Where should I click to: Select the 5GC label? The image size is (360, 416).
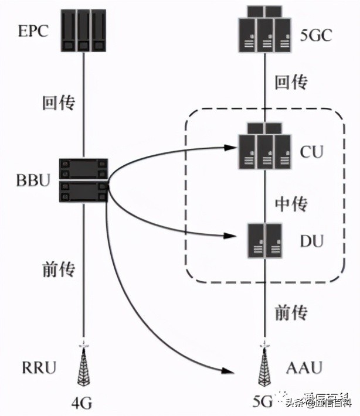[x=317, y=35]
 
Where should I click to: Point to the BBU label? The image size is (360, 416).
[x=33, y=180]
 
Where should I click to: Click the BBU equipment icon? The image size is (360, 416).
[x=84, y=180]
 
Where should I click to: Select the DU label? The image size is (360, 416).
[x=311, y=240]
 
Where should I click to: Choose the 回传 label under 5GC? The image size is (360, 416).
[x=291, y=82]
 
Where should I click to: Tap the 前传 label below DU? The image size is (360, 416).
[x=291, y=312]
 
